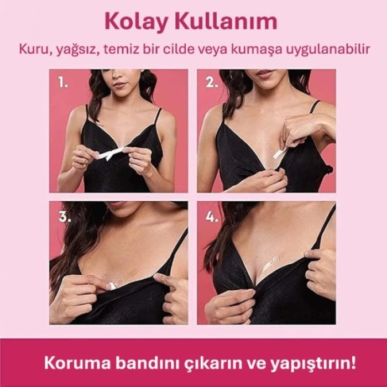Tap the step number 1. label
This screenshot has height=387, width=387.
[64, 83]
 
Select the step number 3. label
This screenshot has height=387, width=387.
[65, 217]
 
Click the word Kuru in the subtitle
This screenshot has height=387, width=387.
[32, 50]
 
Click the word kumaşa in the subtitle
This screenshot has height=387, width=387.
[259, 50]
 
